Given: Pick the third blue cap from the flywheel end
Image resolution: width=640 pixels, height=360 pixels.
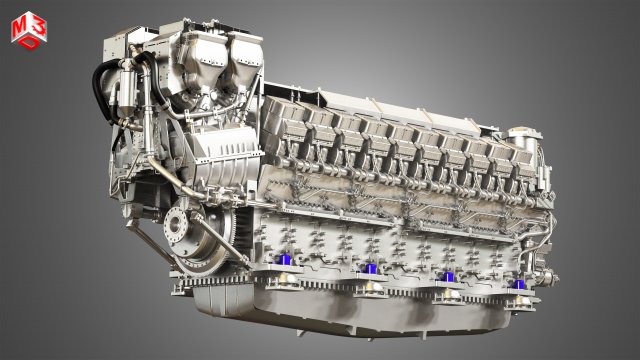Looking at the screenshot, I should pyautogui.click(x=448, y=276).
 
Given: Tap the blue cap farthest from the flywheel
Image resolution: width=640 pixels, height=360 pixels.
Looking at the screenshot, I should pyautogui.click(x=518, y=284).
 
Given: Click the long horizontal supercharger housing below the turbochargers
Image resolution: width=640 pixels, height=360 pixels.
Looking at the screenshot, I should pyautogui.click(x=200, y=150).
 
